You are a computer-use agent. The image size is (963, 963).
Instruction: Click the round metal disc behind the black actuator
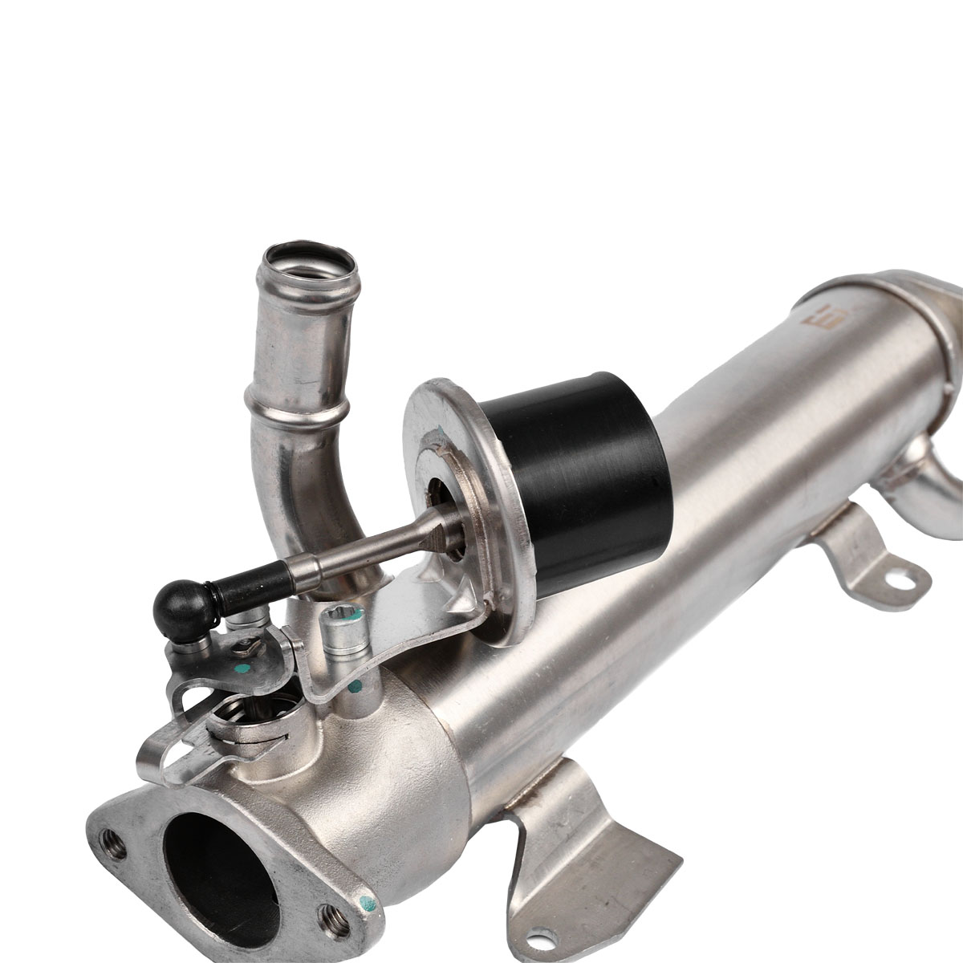(x=450, y=481)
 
